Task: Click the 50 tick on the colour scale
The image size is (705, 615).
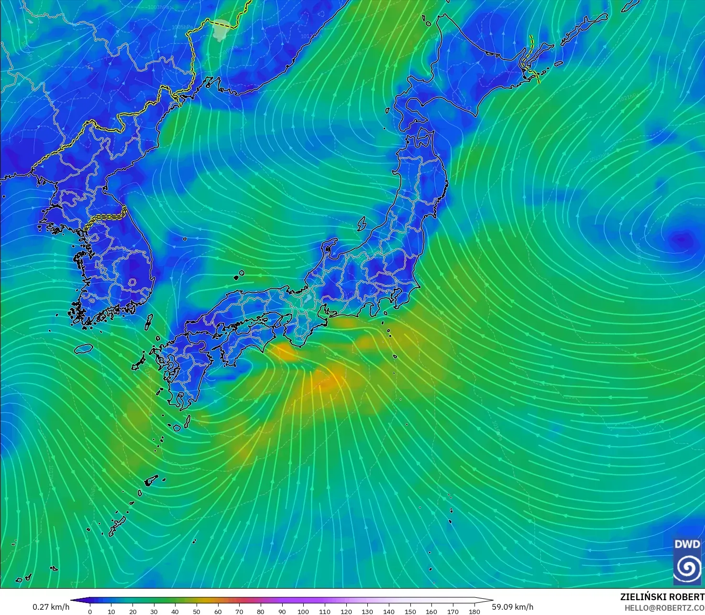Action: pyautogui.click(x=197, y=611)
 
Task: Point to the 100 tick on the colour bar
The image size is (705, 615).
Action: pyautogui.click(x=303, y=611)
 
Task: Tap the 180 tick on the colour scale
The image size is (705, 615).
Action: pyautogui.click(x=474, y=611)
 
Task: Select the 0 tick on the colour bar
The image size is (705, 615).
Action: pyautogui.click(x=90, y=611)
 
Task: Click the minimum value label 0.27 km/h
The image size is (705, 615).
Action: pyautogui.click(x=51, y=607)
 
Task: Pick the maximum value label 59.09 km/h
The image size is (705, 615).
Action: pyautogui.click(x=513, y=607)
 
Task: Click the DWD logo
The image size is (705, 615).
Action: pyautogui.click(x=687, y=561)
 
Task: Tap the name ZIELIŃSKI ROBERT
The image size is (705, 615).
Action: pyautogui.click(x=662, y=597)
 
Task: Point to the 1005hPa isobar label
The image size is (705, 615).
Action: pyautogui.click(x=182, y=27)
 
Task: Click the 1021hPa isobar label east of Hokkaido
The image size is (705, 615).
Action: pyautogui.click(x=628, y=97)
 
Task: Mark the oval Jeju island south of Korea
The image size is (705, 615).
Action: pyautogui.click(x=84, y=348)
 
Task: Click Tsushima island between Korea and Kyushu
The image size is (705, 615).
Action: pyautogui.click(x=149, y=322)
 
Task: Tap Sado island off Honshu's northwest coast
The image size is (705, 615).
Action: pyautogui.click(x=362, y=224)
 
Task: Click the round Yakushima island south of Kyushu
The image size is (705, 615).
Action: pyautogui.click(x=177, y=428)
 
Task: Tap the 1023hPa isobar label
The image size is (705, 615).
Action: pyautogui.click(x=599, y=157)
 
